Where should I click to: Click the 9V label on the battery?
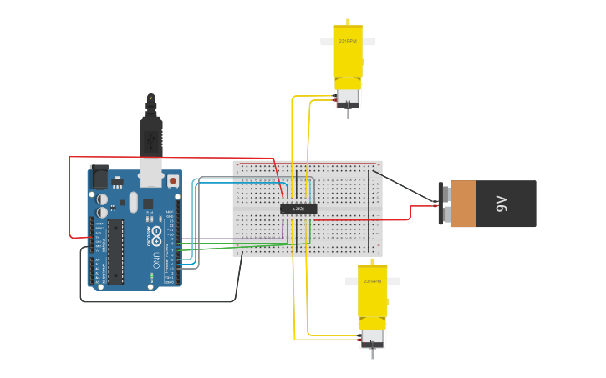point(502,204)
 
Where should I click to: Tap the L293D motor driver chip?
point(298,208)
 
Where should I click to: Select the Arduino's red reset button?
point(173,179)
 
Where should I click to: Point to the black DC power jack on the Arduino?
point(99,177)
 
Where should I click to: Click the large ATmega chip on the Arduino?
point(115,250)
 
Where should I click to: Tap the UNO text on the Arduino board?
point(156,260)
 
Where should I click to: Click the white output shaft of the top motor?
point(348,41)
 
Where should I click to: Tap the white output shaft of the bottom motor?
point(373,281)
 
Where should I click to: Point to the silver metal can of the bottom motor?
point(372,337)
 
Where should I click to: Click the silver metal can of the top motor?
point(348,98)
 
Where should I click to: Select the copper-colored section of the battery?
point(463,204)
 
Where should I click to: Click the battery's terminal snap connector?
point(441,204)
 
